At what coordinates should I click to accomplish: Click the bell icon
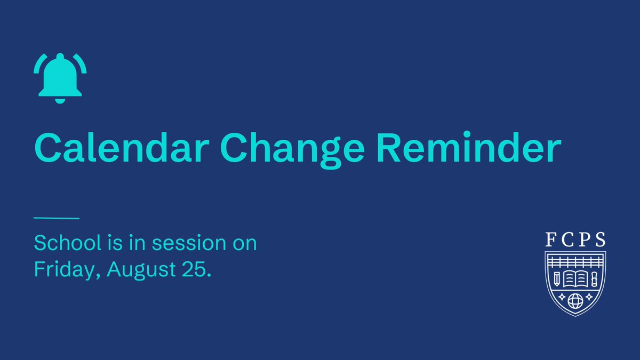pyautogui.click(x=60, y=78)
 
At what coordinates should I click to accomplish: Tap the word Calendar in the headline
pyautogui.click(x=122, y=147)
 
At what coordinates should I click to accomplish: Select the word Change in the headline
pyautogui.click(x=292, y=150)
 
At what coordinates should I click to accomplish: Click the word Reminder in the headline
pyautogui.click(x=469, y=147)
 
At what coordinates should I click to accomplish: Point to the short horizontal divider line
pyautogui.click(x=57, y=218)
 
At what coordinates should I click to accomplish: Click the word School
pyautogui.click(x=68, y=243)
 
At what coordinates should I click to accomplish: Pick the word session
pyautogui.click(x=189, y=243)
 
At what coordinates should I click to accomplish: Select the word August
pyautogui.click(x=141, y=270)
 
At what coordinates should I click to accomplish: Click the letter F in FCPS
pyautogui.click(x=550, y=239)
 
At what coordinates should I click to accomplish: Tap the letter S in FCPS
pyautogui.click(x=600, y=239)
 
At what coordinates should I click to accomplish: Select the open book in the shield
pyautogui.click(x=575, y=278)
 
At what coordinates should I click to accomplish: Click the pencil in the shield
pyautogui.click(x=557, y=279)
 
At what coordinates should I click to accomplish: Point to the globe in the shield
pyautogui.click(x=575, y=301)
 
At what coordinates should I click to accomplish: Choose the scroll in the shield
pyautogui.click(x=594, y=279)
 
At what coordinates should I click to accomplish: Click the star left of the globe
pyautogui.click(x=562, y=297)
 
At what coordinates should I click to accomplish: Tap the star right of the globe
pyautogui.click(x=589, y=297)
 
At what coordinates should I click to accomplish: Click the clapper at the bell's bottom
pyautogui.click(x=60, y=101)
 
